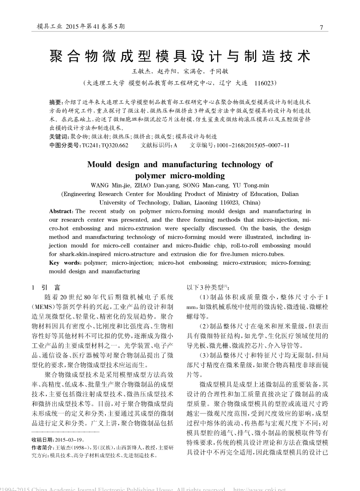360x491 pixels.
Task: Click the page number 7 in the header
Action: pos(321,27)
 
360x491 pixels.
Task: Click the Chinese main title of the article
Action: pos(180,56)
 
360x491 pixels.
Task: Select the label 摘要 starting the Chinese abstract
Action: pos(56,101)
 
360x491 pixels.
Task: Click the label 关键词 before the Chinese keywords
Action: pos(59,137)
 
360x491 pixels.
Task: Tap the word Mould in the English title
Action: pos(102,164)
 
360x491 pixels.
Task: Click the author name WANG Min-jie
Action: pos(111,185)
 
